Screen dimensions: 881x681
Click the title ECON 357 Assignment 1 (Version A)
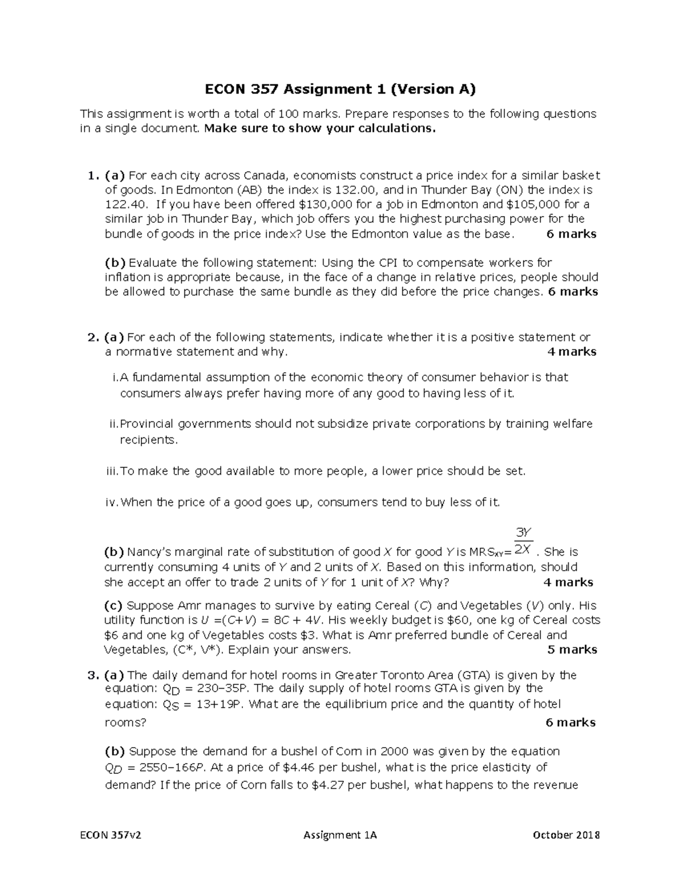pos(340,89)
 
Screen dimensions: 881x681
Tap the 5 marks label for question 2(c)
pos(571,650)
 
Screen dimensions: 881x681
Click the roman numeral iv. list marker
pos(112,503)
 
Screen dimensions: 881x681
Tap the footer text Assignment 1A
pos(340,835)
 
